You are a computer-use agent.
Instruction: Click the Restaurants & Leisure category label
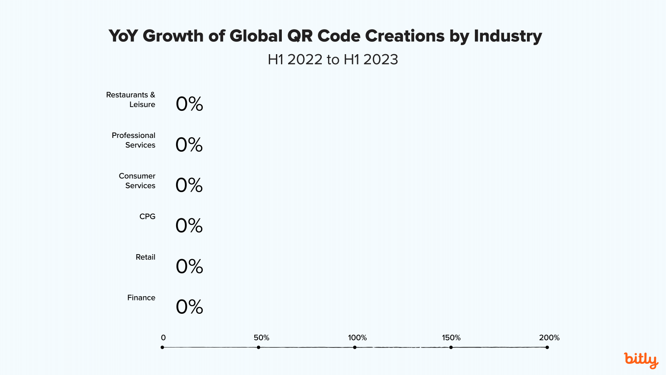tap(131, 100)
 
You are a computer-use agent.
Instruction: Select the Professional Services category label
tap(134, 140)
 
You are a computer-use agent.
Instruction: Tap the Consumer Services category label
tap(137, 181)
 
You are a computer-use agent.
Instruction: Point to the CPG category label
tap(147, 217)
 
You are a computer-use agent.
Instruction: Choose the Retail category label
tap(145, 257)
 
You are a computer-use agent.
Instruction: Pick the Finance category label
tap(141, 297)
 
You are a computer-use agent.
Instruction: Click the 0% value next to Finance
tap(189, 307)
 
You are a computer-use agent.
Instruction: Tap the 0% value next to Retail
tap(189, 267)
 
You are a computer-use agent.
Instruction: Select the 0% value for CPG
tap(189, 226)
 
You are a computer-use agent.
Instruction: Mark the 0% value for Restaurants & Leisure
tap(189, 104)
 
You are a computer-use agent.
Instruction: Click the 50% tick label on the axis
tap(261, 337)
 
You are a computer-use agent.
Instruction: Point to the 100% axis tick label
tap(357, 337)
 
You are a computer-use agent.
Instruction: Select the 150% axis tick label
tap(451, 337)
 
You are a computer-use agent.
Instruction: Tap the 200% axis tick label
tap(549, 337)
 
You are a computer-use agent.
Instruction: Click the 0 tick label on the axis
tap(163, 337)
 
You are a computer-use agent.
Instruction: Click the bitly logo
tap(641, 360)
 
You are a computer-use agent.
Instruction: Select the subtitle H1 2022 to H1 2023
tap(333, 60)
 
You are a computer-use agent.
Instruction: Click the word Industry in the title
tap(508, 36)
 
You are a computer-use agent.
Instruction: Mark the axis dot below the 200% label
tap(547, 347)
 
